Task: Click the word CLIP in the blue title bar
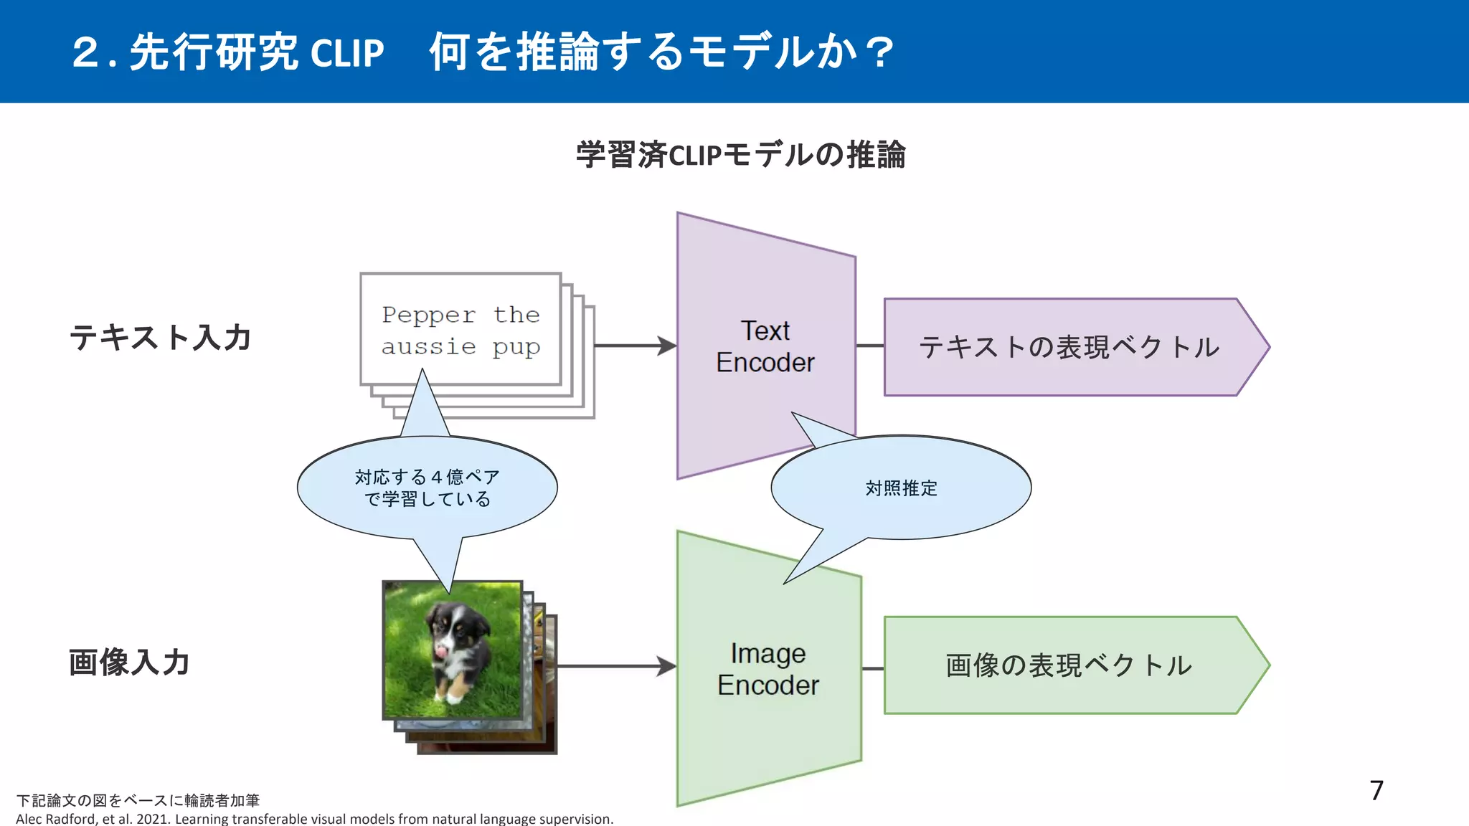pyautogui.click(x=347, y=53)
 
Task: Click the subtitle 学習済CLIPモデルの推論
pyautogui.click(x=740, y=155)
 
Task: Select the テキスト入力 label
pyautogui.click(x=160, y=337)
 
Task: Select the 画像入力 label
pyautogui.click(x=129, y=662)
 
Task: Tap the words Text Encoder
pyautogui.click(x=765, y=346)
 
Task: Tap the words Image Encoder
pyautogui.click(x=767, y=669)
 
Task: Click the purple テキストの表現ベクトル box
pyautogui.click(x=1069, y=347)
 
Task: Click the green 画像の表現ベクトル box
pyautogui.click(x=1069, y=665)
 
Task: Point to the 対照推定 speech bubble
pyautogui.click(x=901, y=488)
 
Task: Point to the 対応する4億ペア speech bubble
pyautogui.click(x=427, y=488)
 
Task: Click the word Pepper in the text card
pyautogui.click(x=428, y=315)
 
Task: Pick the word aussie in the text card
pyautogui.click(x=428, y=347)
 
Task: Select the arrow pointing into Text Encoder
pyautogui.click(x=635, y=346)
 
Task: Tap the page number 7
pyautogui.click(x=1376, y=790)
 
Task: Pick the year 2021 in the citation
pyautogui.click(x=151, y=819)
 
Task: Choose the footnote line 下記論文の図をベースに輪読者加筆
pyautogui.click(x=138, y=800)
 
